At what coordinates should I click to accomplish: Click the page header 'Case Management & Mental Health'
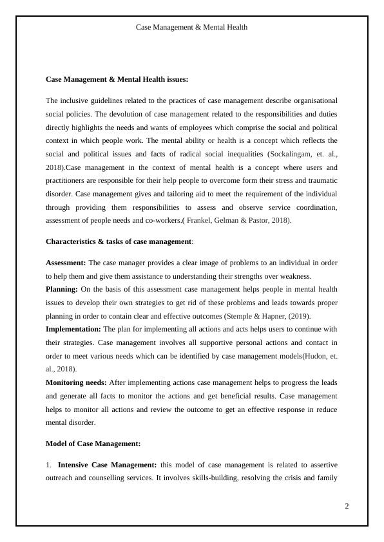click(191, 27)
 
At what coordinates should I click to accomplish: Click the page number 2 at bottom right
click(347, 506)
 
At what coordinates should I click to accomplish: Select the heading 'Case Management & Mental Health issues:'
click(117, 79)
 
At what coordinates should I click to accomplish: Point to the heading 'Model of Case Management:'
click(93, 444)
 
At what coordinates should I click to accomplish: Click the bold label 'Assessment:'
click(66, 263)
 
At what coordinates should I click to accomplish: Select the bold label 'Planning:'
click(61, 289)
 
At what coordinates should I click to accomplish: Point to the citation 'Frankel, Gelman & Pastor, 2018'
click(237, 220)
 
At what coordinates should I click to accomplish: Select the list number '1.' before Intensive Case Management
click(49, 464)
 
